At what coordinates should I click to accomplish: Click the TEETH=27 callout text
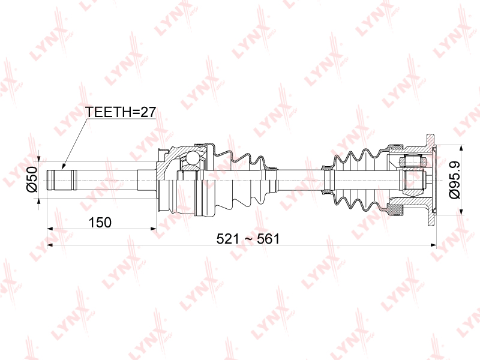coord(121,112)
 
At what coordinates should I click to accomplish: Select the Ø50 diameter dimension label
coord(32,179)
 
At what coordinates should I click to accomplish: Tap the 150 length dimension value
coord(100,223)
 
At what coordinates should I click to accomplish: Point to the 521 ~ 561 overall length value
coord(248,239)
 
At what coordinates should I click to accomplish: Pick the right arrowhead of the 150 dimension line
coord(154,229)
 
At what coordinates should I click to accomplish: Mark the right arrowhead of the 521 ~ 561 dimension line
coord(433,245)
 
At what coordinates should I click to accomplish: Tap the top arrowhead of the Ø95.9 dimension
coord(461,148)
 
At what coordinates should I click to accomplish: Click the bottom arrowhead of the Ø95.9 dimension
coord(461,212)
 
